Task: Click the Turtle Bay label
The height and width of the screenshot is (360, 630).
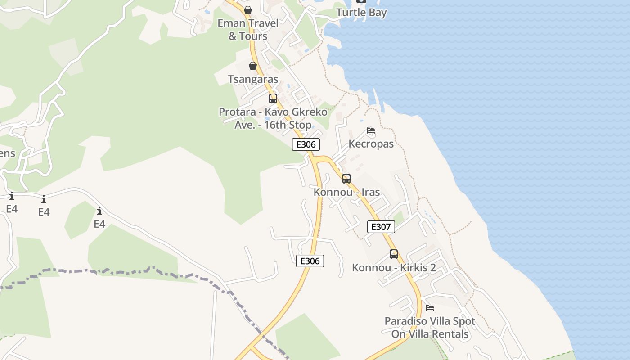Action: pyautogui.click(x=361, y=13)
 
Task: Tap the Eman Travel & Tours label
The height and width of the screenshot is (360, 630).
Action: pyautogui.click(x=248, y=30)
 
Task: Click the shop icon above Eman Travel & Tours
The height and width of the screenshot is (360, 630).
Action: pyautogui.click(x=248, y=10)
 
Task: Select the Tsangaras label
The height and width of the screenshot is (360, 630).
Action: pyautogui.click(x=253, y=80)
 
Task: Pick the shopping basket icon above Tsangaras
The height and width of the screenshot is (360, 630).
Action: pyautogui.click(x=253, y=66)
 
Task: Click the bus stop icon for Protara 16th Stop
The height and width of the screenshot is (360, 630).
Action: pyautogui.click(x=273, y=99)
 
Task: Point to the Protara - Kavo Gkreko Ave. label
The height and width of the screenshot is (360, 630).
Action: pyautogui.click(x=273, y=118)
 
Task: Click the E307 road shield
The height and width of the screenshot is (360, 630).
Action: pyautogui.click(x=381, y=227)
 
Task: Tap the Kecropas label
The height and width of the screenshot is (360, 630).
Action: pyautogui.click(x=371, y=144)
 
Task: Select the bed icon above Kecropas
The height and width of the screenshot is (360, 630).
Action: pyautogui.click(x=371, y=131)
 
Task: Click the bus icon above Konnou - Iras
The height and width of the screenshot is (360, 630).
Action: pyautogui.click(x=346, y=179)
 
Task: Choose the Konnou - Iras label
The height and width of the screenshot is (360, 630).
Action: pyautogui.click(x=346, y=192)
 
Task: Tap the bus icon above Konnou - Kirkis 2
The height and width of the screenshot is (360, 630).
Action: pyautogui.click(x=394, y=254)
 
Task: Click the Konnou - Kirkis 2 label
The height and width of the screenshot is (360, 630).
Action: pyautogui.click(x=394, y=268)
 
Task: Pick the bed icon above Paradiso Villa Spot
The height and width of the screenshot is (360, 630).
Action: pyautogui.click(x=430, y=308)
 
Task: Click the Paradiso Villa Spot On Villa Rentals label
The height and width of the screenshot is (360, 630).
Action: pyautogui.click(x=430, y=328)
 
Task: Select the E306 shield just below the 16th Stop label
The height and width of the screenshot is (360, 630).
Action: pyautogui.click(x=306, y=144)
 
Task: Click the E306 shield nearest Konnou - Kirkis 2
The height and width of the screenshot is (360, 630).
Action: pyautogui.click(x=310, y=261)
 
